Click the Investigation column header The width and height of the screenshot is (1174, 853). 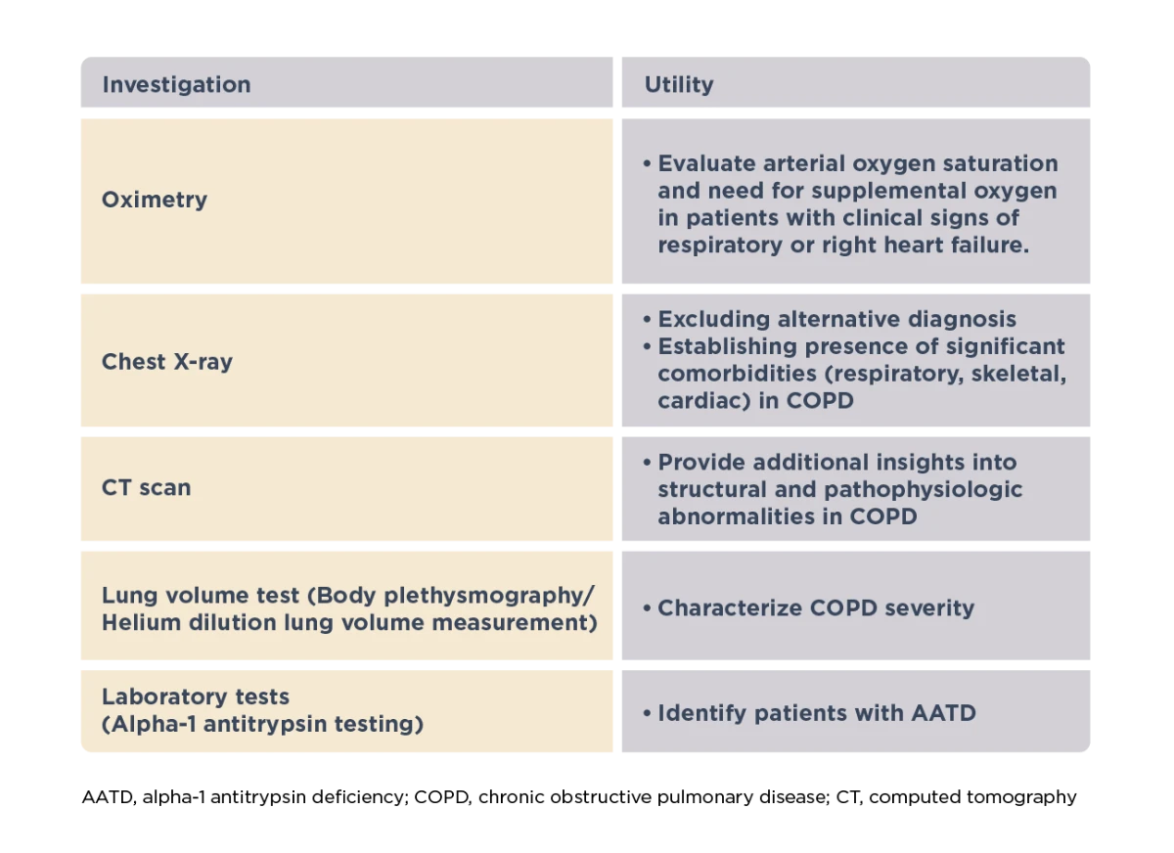click(177, 85)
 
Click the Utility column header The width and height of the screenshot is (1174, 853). click(679, 85)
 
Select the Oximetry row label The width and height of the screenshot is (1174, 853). click(155, 200)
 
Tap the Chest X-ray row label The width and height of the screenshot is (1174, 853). click(167, 362)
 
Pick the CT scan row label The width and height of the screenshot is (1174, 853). click(146, 488)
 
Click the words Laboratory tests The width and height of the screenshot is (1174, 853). click(196, 696)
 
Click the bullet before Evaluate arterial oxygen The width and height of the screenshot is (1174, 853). click(648, 163)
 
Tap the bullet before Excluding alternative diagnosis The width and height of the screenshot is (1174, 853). click(648, 319)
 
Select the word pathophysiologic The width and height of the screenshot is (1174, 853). click(923, 490)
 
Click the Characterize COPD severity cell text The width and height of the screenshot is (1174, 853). click(816, 608)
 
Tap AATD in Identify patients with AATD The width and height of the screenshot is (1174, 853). click(943, 713)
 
